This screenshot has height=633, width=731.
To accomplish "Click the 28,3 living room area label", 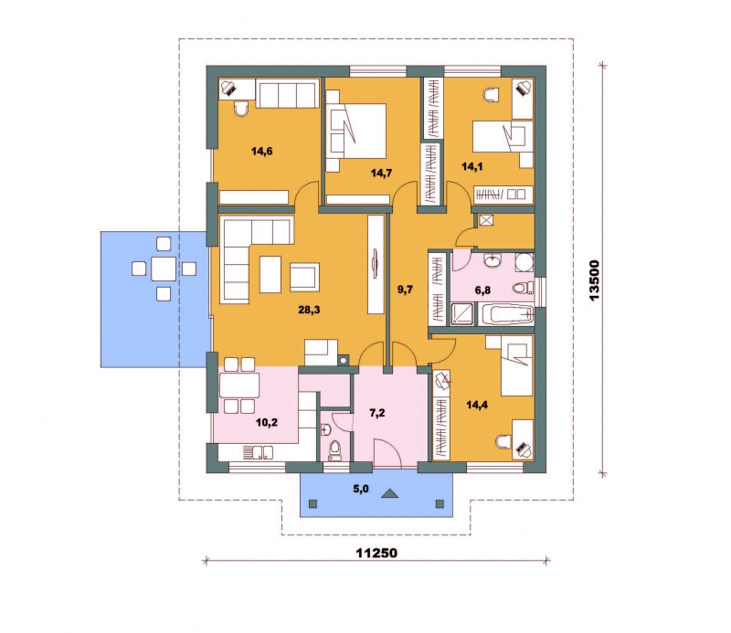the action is (x=309, y=310).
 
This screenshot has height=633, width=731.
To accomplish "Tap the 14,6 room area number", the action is (x=261, y=151).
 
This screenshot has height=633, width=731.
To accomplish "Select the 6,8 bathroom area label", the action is (x=482, y=290).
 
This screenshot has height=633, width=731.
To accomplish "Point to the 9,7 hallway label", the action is (x=405, y=290).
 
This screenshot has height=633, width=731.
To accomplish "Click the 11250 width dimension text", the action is (x=376, y=553).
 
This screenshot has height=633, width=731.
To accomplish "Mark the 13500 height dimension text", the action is (x=595, y=280).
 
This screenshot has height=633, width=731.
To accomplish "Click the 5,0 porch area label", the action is (x=360, y=489).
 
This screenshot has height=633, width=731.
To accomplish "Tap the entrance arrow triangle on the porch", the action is (x=389, y=493).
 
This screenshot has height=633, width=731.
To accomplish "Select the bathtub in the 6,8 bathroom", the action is (x=506, y=314).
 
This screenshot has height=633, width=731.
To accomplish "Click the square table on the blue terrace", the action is (x=164, y=269).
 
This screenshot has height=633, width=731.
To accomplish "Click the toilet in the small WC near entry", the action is (x=334, y=449).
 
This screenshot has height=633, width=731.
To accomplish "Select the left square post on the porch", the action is (x=313, y=503).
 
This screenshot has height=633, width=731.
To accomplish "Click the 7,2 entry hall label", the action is (x=376, y=413).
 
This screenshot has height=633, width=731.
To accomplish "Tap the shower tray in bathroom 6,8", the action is (x=462, y=313).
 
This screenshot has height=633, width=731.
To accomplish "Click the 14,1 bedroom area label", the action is (x=471, y=166).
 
